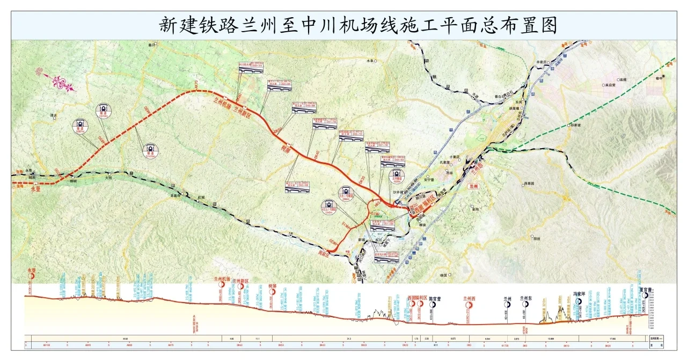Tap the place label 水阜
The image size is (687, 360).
tap(370, 61)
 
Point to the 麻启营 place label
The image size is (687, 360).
tap(608, 84)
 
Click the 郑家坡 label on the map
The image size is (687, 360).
tap(577, 126)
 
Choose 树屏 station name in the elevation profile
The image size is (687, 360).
tap(272, 286)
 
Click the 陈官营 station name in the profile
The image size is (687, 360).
tap(432, 298)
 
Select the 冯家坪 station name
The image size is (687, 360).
tap(578, 294)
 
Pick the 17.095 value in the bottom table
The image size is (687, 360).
tap(613, 339)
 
